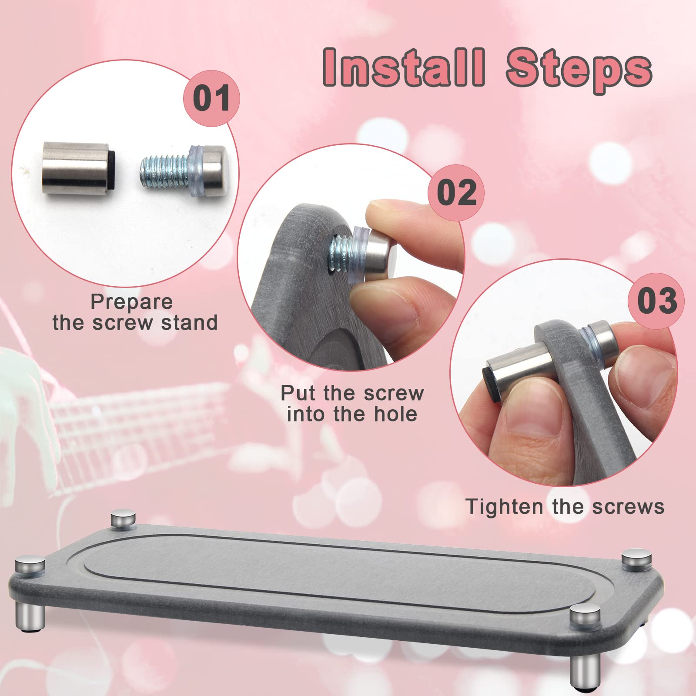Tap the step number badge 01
coord(211,98)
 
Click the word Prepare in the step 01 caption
coord(131,301)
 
